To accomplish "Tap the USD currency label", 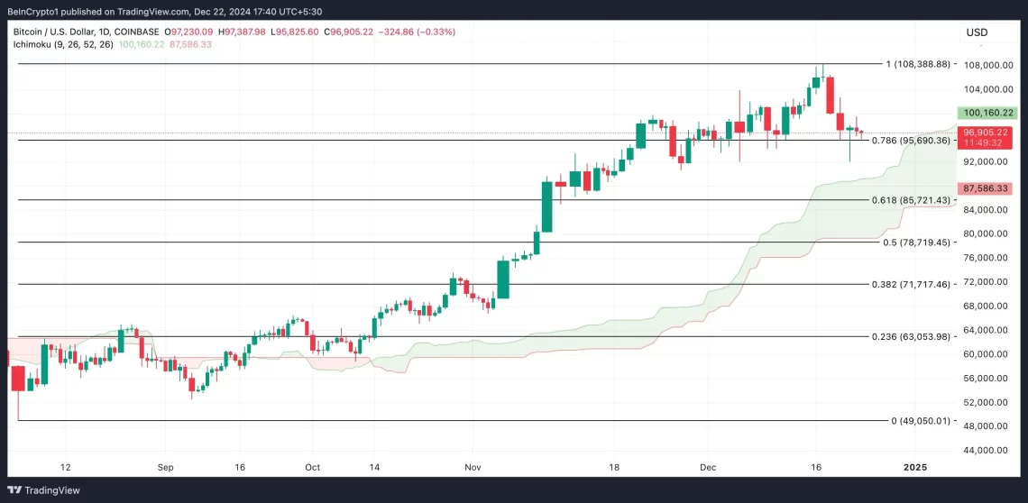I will [977, 32].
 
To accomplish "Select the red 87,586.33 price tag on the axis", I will [984, 188].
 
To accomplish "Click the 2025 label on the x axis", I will [914, 468].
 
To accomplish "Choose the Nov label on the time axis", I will [472, 468].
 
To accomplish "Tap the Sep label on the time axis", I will [165, 468].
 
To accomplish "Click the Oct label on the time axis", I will [312, 468].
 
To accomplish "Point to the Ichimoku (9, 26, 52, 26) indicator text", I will [63, 44].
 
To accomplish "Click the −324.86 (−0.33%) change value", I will [418, 32].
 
